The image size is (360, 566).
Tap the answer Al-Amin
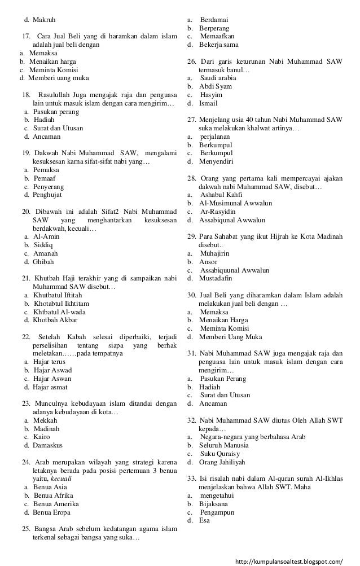46,236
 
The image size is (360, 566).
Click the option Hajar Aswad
52,370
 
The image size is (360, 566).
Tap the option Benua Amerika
56,504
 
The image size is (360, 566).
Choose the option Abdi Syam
216,86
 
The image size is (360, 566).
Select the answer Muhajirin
217,253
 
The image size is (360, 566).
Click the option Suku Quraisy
220,454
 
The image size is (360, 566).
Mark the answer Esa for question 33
204,520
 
